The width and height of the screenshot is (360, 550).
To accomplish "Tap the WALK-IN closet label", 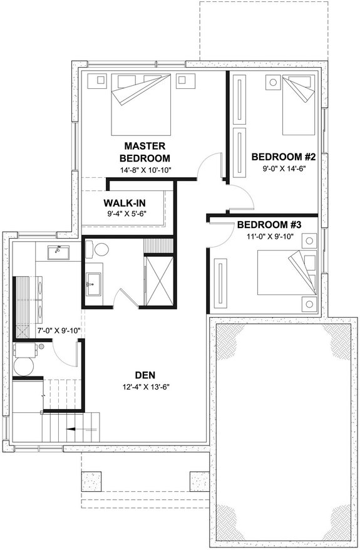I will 125,203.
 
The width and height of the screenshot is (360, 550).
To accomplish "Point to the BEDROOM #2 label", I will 283,157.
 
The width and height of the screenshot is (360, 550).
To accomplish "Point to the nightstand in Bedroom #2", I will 272,82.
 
